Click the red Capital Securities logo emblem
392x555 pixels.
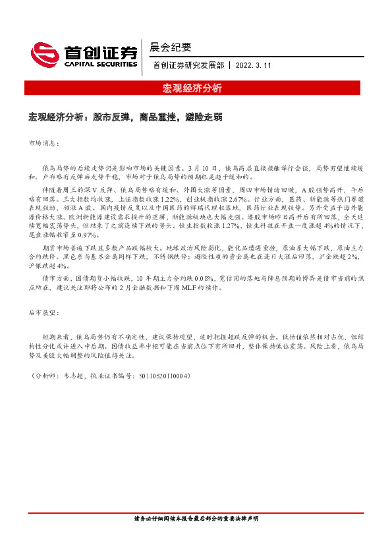[44, 55]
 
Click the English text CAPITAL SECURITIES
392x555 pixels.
[101, 65]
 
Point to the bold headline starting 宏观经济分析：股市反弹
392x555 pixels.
[125, 117]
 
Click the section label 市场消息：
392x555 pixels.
[43, 142]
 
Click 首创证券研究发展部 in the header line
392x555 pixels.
[188, 65]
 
